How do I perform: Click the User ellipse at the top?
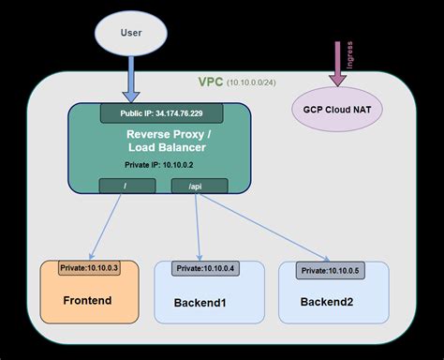pyautogui.click(x=131, y=33)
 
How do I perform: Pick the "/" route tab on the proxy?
pyautogui.click(x=127, y=186)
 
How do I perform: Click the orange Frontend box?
pyautogui.click(x=91, y=292)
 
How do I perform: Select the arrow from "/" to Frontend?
pyautogui.click(x=108, y=225)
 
